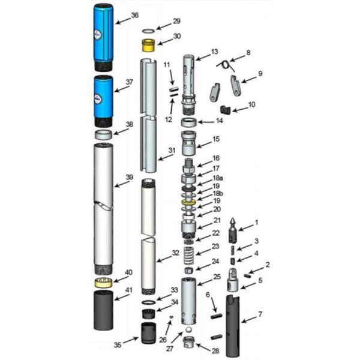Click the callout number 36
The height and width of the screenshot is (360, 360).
[x=135, y=16]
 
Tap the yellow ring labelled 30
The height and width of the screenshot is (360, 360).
[x=148, y=45]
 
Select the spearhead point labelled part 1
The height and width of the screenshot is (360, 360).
[x=234, y=230]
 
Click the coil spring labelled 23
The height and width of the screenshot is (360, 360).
[x=190, y=255]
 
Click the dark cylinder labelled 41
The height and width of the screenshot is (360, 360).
[x=104, y=310]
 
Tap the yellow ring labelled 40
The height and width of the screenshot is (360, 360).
[x=104, y=283]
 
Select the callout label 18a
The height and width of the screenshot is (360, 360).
[x=218, y=178]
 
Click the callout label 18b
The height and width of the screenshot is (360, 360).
[x=218, y=193]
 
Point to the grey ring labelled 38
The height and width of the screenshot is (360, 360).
[x=104, y=134]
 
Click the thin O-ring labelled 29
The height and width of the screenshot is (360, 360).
[x=148, y=31]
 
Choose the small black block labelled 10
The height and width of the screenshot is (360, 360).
[x=225, y=110]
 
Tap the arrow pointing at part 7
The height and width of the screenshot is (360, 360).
[x=250, y=319]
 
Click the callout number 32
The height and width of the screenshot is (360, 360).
[x=175, y=253]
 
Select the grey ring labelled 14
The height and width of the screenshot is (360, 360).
[x=189, y=122]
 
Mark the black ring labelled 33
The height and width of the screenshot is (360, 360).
[x=148, y=302]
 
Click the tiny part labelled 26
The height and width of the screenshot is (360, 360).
[x=171, y=317]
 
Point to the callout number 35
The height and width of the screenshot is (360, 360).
[x=118, y=345]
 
